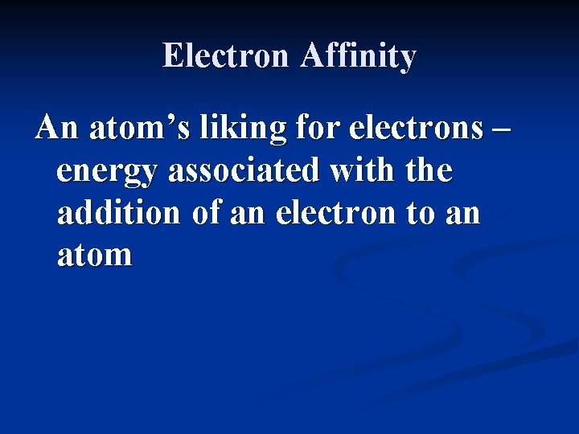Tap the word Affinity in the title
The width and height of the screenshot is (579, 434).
359,56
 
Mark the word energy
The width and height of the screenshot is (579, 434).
107,172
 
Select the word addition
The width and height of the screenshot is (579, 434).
119,213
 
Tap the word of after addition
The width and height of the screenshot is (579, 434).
205,213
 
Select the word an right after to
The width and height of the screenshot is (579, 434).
463,215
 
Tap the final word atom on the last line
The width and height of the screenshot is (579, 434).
95,256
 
